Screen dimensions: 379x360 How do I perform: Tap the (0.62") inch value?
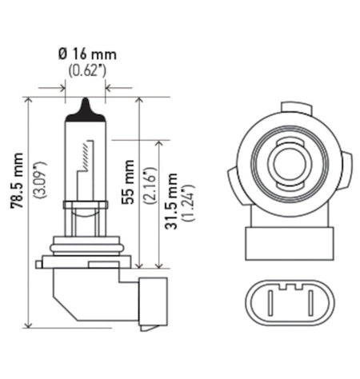[x=85, y=70]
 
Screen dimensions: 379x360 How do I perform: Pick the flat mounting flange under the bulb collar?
[x=85, y=261]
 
